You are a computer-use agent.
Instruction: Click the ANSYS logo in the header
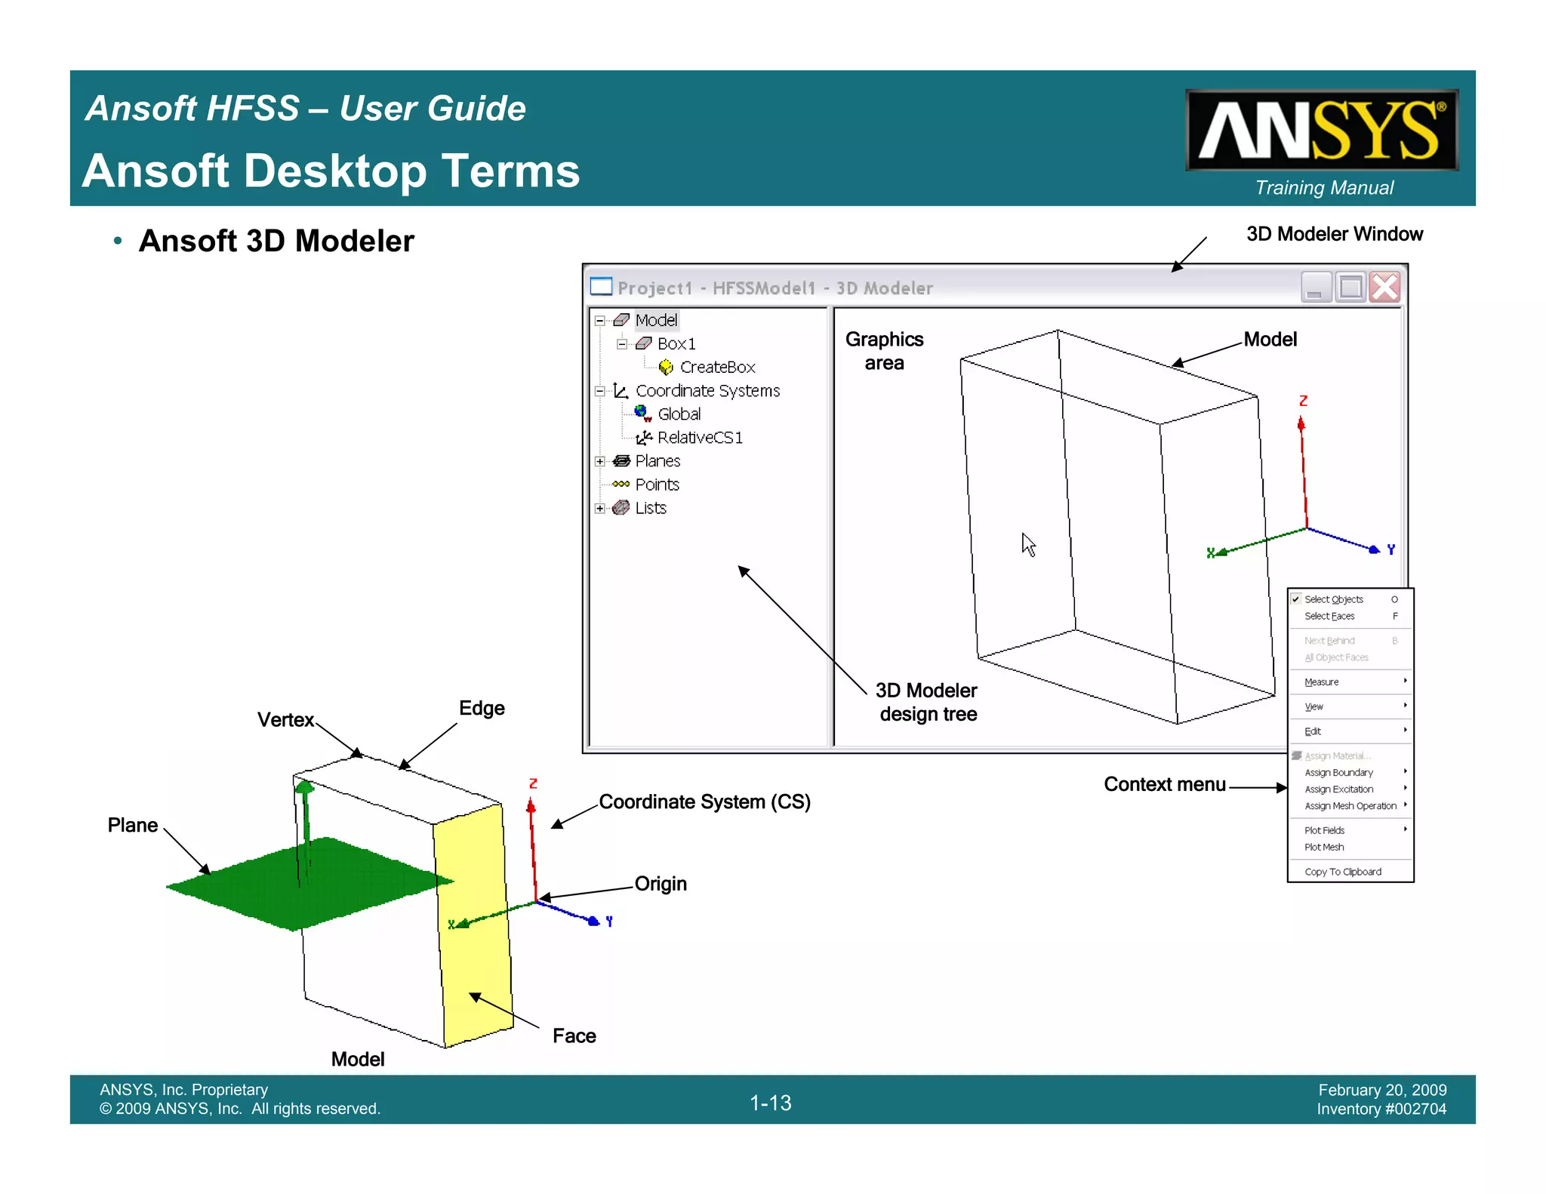click(1321, 130)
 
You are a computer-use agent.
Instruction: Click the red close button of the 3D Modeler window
click(1384, 288)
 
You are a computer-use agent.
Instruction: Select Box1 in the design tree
click(676, 344)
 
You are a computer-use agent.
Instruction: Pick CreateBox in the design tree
click(716, 368)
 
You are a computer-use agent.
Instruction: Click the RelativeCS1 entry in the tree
click(699, 438)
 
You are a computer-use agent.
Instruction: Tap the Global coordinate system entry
click(679, 414)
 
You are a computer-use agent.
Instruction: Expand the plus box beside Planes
click(600, 461)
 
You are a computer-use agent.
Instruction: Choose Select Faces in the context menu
click(1329, 617)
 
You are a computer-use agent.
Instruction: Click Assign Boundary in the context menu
click(1338, 773)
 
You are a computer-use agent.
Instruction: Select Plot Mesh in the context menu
click(1324, 848)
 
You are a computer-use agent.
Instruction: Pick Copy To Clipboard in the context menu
click(1343, 872)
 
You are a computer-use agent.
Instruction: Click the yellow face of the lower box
click(474, 928)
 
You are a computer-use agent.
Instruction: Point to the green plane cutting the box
click(302, 883)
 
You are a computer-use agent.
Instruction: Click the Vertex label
click(285, 720)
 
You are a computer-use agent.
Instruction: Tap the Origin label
click(661, 884)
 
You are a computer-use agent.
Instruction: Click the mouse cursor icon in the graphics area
click(1028, 544)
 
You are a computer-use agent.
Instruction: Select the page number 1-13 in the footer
click(770, 1103)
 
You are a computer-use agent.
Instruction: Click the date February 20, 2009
click(1382, 1090)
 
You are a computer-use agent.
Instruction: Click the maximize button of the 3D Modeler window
click(1350, 288)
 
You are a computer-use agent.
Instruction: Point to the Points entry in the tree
click(657, 485)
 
